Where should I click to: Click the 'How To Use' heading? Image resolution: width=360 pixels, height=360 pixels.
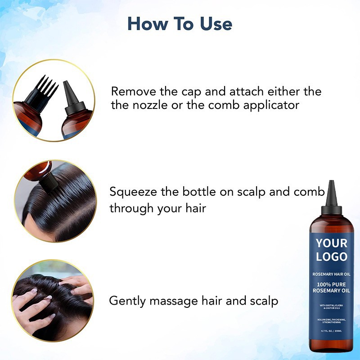[180, 23]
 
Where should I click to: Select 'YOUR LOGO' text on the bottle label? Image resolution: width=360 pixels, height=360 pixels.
[332, 250]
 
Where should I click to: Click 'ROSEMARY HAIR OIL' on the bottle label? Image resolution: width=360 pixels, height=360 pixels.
[332, 274]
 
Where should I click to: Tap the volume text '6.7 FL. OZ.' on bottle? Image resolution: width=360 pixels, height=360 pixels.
[325, 331]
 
